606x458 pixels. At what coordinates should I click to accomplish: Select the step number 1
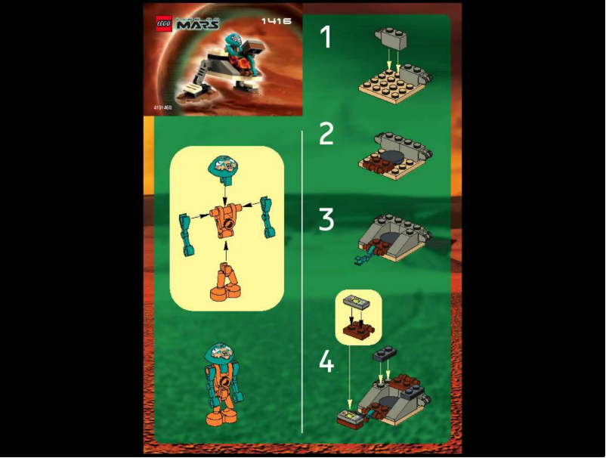tap(326, 36)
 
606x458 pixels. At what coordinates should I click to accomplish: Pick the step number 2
tap(326, 134)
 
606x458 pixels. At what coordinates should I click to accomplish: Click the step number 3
tap(326, 221)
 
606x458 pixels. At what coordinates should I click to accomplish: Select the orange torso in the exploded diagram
tap(224, 218)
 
